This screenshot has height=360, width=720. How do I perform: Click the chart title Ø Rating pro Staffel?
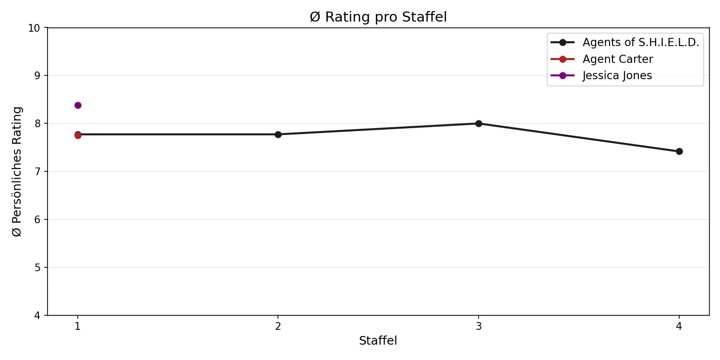(x=378, y=17)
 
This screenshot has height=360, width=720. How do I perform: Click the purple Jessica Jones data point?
(x=78, y=105)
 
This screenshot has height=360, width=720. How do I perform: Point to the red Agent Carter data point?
(x=78, y=135)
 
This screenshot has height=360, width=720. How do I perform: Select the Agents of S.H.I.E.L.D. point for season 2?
(x=278, y=134)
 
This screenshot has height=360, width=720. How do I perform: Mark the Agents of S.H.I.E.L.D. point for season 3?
(x=479, y=123)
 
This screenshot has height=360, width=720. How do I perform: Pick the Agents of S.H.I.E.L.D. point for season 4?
(x=679, y=151)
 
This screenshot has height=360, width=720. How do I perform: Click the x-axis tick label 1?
(x=78, y=325)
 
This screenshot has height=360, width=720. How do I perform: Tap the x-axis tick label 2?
(x=278, y=325)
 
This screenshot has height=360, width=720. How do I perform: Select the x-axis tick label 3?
(x=479, y=325)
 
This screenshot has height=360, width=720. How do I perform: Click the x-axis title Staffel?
(x=378, y=341)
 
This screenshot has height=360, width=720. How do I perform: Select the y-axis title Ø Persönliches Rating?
(x=17, y=171)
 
